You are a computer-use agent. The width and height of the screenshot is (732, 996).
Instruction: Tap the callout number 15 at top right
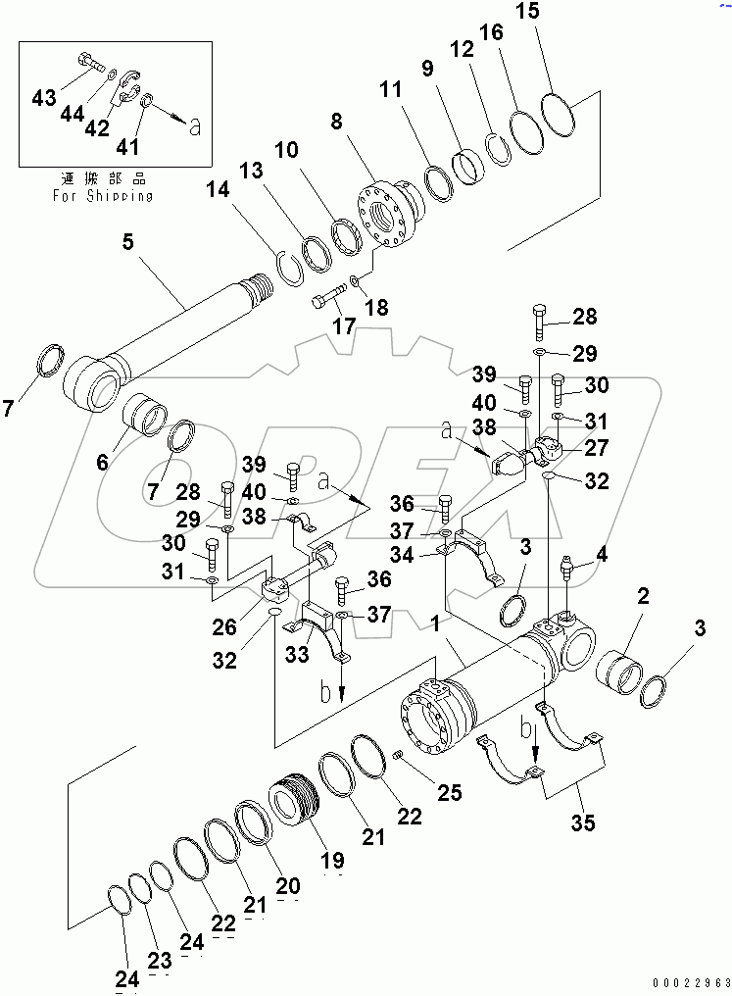555,14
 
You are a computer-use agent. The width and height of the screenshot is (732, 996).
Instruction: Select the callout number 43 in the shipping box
43,97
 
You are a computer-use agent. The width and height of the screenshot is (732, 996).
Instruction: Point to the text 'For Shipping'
102,195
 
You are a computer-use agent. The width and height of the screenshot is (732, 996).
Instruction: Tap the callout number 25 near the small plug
449,792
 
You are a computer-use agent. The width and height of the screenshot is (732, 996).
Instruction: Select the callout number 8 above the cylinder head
337,123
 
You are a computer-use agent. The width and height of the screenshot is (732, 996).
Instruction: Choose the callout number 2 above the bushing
644,595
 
